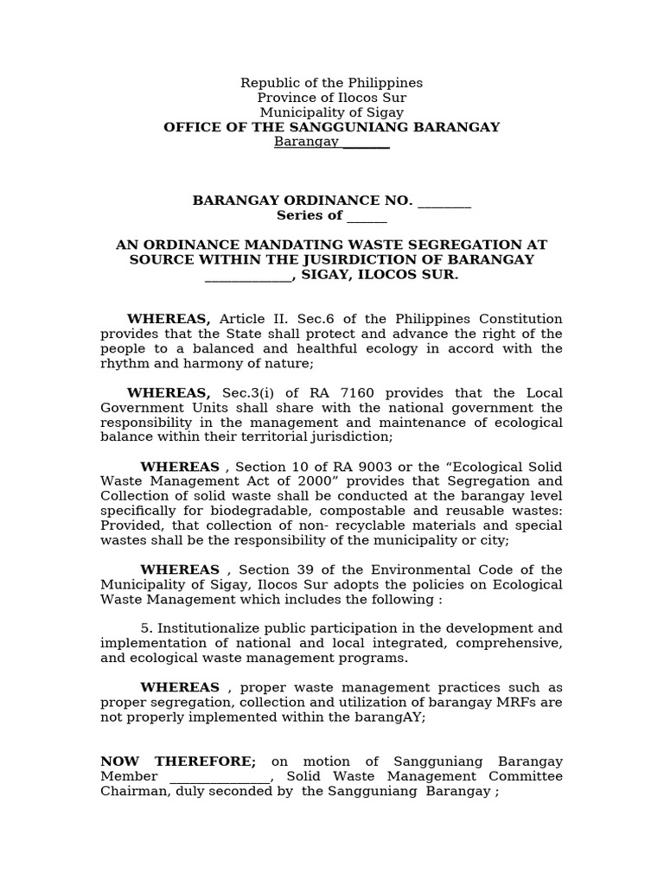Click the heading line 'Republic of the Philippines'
331,83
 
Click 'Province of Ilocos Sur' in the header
331,98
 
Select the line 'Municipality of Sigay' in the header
331,112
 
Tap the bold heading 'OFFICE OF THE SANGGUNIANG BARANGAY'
331,127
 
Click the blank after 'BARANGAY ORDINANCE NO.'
444,201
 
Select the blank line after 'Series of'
367,216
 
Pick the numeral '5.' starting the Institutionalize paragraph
146,628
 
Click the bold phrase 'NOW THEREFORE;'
178,761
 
